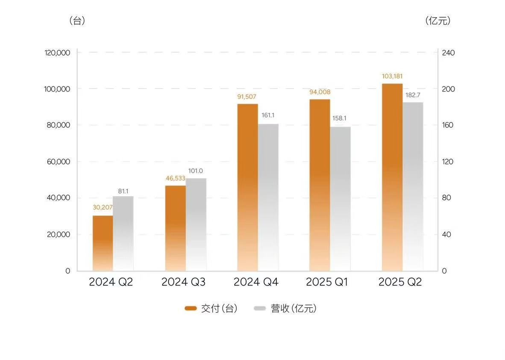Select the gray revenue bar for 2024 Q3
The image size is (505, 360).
tap(196, 224)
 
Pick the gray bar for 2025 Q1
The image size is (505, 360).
tap(340, 199)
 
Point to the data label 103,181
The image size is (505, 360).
tap(392, 77)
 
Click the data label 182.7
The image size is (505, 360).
tap(413, 95)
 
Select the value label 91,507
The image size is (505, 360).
tap(247, 97)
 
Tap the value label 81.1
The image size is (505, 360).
tap(123, 191)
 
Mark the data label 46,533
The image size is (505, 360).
tap(175, 179)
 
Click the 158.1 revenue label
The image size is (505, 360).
tap(340, 118)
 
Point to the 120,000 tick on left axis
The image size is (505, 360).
tap(57, 53)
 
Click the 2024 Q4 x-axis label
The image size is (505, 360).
tap(256, 283)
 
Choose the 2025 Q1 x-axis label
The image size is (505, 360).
tap(328, 283)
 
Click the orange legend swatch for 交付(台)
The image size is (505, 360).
tap(191, 308)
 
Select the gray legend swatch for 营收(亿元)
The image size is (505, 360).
tap(260, 308)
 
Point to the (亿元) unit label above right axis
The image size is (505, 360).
tap(438, 21)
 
